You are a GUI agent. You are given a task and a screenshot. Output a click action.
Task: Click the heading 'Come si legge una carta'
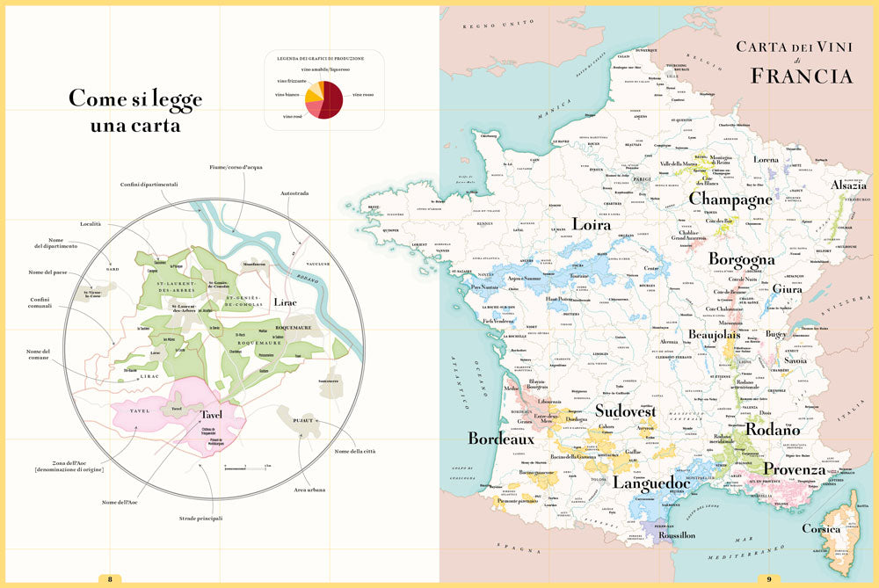135,112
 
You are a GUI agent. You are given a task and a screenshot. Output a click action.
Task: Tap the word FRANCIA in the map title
801,76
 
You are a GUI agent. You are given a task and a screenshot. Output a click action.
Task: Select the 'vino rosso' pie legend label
363,94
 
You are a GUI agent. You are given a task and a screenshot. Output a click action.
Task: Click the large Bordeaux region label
501,439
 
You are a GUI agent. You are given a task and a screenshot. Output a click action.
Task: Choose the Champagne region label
730,200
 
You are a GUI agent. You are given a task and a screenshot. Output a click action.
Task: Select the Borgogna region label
743,260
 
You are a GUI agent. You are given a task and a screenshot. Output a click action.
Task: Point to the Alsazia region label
848,185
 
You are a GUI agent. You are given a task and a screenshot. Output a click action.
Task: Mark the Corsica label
821,529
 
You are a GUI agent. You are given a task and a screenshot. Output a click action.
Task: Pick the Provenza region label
794,468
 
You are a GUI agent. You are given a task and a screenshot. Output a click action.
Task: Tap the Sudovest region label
625,410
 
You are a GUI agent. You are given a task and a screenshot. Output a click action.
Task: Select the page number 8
110,578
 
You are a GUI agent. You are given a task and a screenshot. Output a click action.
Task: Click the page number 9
769,578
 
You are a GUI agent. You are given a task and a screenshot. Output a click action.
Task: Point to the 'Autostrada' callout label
294,193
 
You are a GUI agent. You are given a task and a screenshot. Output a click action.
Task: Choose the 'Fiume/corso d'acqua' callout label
235,167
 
